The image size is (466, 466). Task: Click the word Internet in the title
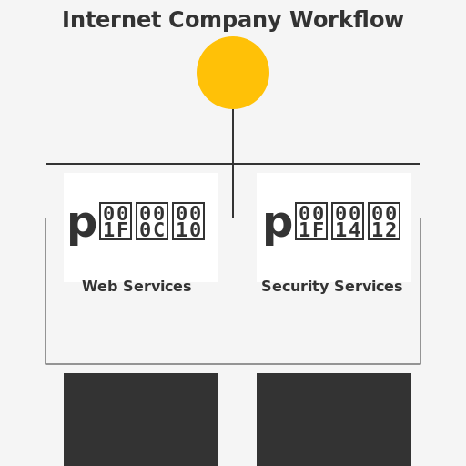(103, 20)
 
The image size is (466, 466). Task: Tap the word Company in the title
(208, 20)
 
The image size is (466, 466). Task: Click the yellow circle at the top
(233, 73)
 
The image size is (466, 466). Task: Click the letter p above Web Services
(82, 224)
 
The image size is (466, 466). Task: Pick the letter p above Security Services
(278, 224)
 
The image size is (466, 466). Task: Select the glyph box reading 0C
(152, 221)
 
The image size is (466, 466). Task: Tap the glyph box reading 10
(188, 221)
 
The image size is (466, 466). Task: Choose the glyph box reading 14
(347, 221)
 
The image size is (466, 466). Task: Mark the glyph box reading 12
(383, 221)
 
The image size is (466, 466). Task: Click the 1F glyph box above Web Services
(116, 221)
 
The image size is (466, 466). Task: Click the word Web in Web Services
(96, 287)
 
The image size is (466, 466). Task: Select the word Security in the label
(293, 287)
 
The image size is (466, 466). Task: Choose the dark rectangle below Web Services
(141, 419)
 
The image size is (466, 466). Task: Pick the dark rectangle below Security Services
(334, 419)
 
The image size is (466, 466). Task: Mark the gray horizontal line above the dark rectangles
(233, 364)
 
